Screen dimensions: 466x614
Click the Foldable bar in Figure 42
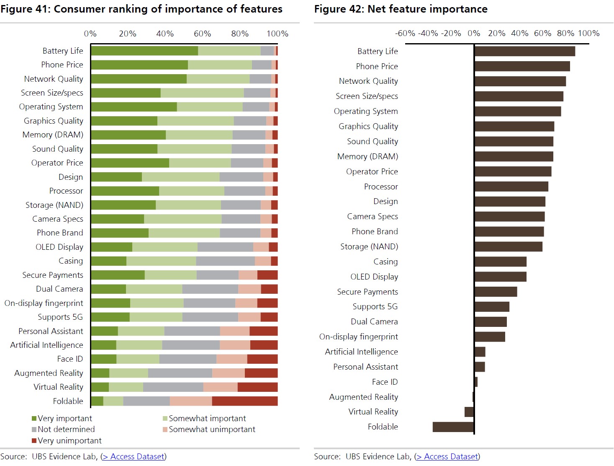(453, 427)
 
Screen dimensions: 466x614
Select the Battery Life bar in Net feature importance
(525, 51)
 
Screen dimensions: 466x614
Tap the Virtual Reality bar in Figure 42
(469, 412)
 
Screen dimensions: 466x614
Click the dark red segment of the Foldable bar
(245, 401)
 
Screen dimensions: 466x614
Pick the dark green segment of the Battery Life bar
(144, 51)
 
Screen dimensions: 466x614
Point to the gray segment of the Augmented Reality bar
(180, 373)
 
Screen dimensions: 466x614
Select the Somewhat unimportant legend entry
(212, 429)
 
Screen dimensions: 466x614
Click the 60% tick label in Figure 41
(203, 34)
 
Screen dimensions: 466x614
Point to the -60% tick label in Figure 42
(405, 33)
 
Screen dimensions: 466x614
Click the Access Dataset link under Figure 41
(134, 456)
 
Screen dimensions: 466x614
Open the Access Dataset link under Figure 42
(447, 456)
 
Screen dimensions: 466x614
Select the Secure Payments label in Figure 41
(53, 275)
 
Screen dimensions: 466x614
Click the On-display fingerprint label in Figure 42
(359, 337)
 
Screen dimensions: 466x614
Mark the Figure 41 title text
(141, 9)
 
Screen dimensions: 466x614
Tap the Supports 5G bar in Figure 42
(492, 307)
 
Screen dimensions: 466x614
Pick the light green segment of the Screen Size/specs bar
(202, 93)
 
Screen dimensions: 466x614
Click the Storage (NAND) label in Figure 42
(369, 246)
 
